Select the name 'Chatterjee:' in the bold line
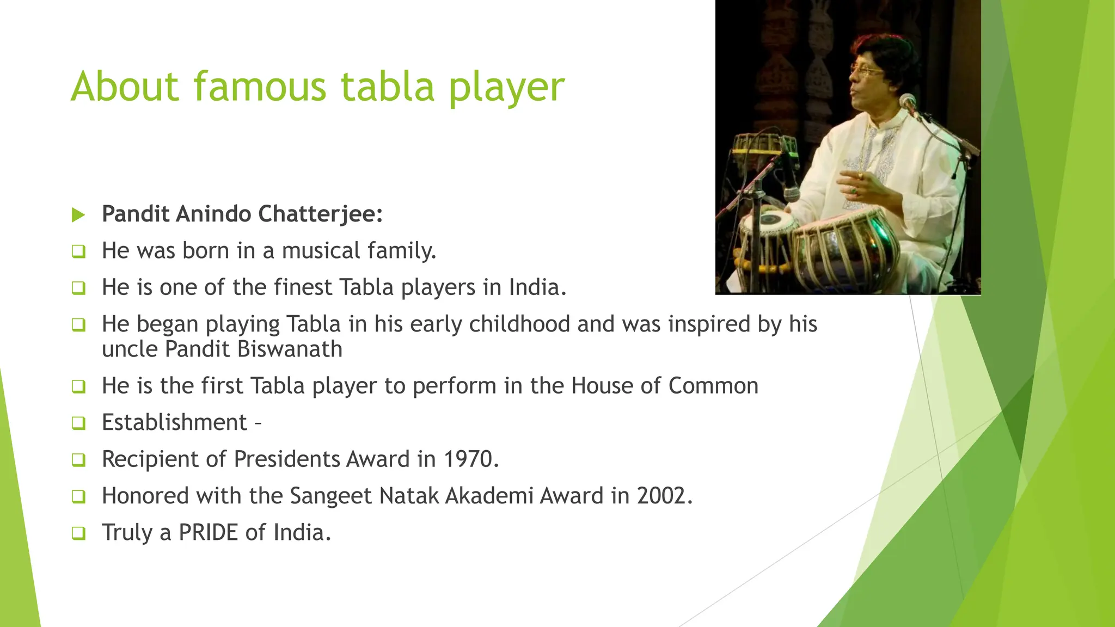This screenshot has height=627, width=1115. [x=320, y=214]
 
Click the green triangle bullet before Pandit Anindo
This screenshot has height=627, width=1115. [x=78, y=215]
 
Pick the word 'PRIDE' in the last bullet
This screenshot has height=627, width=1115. [x=209, y=532]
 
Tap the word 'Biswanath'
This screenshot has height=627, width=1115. [x=290, y=349]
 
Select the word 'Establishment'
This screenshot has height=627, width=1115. [x=174, y=422]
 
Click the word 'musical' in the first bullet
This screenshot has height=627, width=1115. [x=321, y=251]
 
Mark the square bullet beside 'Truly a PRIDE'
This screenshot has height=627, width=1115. [x=78, y=533]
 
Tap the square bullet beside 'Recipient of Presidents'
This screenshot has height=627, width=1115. [x=78, y=460]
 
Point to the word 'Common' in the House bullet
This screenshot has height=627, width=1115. [x=713, y=385]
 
